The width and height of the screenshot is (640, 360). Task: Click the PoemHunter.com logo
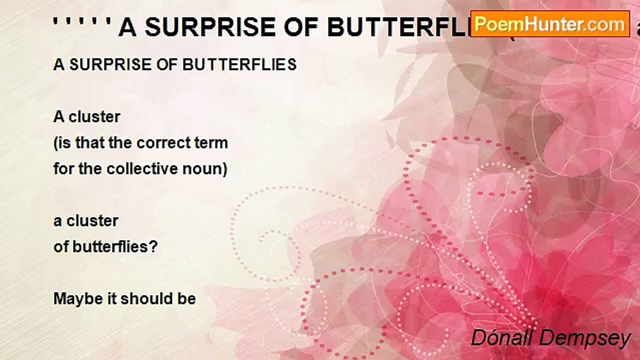tap(550, 23)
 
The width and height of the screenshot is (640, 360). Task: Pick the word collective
tap(150, 169)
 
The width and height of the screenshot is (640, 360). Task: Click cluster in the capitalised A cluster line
tap(94, 117)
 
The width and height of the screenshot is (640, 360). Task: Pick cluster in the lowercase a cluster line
tap(93, 220)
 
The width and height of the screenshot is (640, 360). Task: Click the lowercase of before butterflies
tap(60, 246)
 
